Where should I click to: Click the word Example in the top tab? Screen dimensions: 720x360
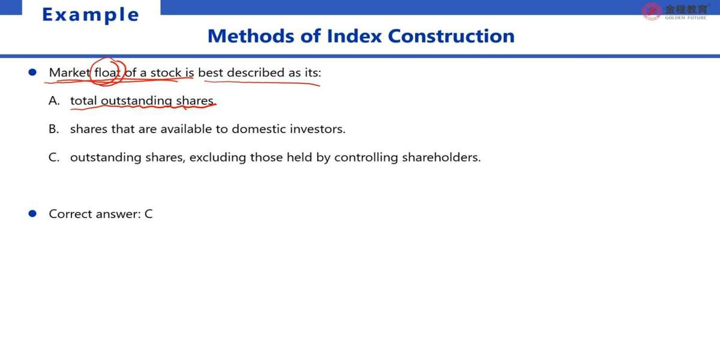[x=91, y=15]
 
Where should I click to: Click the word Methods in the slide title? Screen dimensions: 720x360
[x=251, y=35]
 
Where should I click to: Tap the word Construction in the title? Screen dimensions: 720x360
[x=451, y=35]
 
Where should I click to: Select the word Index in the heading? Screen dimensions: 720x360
[x=354, y=35]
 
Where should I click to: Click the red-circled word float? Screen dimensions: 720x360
[x=107, y=73]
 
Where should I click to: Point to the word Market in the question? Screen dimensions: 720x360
[x=70, y=73]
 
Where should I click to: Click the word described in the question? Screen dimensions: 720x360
[x=256, y=73]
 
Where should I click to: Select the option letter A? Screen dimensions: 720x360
[x=54, y=101]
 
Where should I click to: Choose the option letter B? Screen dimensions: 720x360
[x=53, y=129]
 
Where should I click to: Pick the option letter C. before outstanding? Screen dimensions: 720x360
[x=54, y=157]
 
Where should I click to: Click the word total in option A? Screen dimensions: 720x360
[x=83, y=101]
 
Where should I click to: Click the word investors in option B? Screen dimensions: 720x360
[x=317, y=129]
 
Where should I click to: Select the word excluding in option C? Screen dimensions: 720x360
[x=218, y=157]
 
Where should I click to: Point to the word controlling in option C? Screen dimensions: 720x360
[x=366, y=157]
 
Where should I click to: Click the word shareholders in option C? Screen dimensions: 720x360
[x=442, y=157]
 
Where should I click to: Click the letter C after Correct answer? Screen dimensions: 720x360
[x=149, y=214]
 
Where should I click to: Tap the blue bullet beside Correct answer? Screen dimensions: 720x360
[x=32, y=214]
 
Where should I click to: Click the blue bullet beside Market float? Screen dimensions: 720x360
[x=32, y=72]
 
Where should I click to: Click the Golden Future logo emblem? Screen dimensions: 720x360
[x=652, y=11]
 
